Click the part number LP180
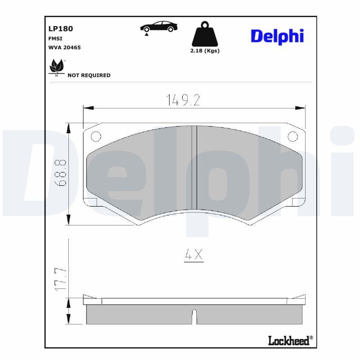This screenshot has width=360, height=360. pyautogui.click(x=60, y=29)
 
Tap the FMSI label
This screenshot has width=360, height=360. pyautogui.click(x=55, y=39)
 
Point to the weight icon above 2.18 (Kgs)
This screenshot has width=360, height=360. pyautogui.click(x=204, y=34)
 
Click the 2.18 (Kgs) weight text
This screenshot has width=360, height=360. pyautogui.click(x=205, y=51)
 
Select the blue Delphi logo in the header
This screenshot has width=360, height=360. pyautogui.click(x=277, y=36)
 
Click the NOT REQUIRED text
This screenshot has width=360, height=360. pyautogui.click(x=89, y=75)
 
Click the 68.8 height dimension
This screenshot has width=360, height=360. pyautogui.click(x=62, y=173)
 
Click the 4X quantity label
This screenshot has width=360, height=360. pyautogui.click(x=194, y=256)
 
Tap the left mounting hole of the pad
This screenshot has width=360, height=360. pyautogui.click(x=96, y=136)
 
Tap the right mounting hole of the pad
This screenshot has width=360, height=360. pyautogui.click(x=292, y=136)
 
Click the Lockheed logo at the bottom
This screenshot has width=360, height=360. pyautogui.click(x=290, y=341)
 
